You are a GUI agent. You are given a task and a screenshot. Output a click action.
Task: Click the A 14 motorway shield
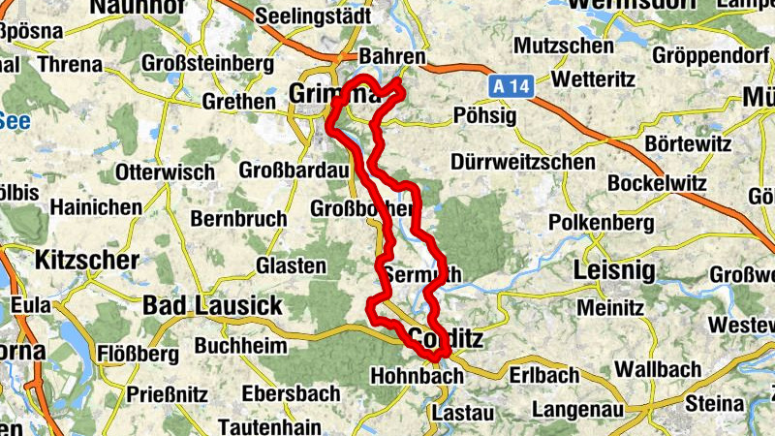pyautogui.click(x=510, y=86)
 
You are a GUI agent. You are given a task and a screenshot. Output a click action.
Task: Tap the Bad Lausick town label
pyautogui.click(x=212, y=306)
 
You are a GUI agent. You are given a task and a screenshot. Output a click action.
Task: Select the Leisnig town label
pyautogui.click(x=614, y=269)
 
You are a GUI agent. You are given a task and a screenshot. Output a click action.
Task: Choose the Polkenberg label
pyautogui.click(x=601, y=223)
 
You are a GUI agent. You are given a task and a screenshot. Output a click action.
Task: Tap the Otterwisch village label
pyautogui.click(x=165, y=172)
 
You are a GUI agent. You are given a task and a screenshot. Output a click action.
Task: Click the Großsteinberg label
pyautogui.click(x=208, y=63)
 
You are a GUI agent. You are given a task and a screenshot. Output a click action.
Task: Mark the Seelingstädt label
pyautogui.click(x=313, y=16)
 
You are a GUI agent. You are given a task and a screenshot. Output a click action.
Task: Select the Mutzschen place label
pyautogui.click(x=564, y=46)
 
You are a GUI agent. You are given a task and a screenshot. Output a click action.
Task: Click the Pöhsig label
pyautogui.click(x=480, y=116)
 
